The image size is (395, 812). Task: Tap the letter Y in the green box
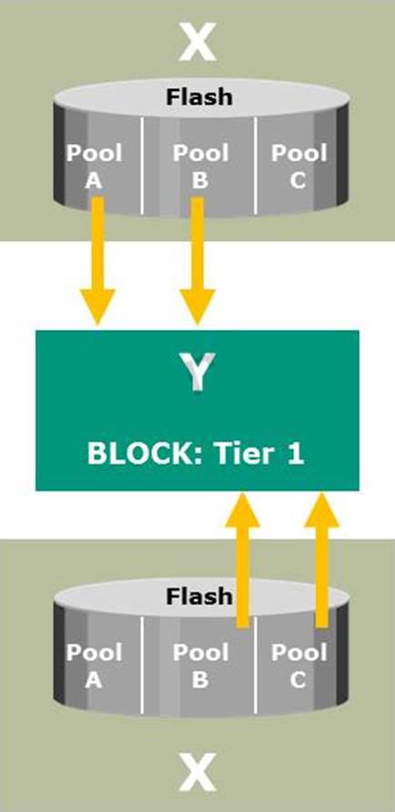tap(197, 372)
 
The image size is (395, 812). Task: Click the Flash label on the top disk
tap(199, 96)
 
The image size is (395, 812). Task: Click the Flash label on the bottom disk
tap(199, 596)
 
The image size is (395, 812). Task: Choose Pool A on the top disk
tap(94, 166)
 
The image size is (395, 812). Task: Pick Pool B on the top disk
tap(200, 166)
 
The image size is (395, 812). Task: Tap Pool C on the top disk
tap(299, 166)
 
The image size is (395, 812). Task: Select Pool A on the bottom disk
tap(94, 666)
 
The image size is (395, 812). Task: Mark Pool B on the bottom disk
tap(200, 666)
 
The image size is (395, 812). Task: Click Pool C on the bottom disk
tap(299, 666)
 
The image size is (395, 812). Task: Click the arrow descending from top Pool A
tap(97, 261)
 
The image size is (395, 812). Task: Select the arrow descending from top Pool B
tap(197, 261)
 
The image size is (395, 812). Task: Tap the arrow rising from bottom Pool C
tap(322, 560)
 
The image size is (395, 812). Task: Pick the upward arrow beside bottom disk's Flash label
tap(242, 560)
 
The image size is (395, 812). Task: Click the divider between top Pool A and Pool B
tap(143, 165)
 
